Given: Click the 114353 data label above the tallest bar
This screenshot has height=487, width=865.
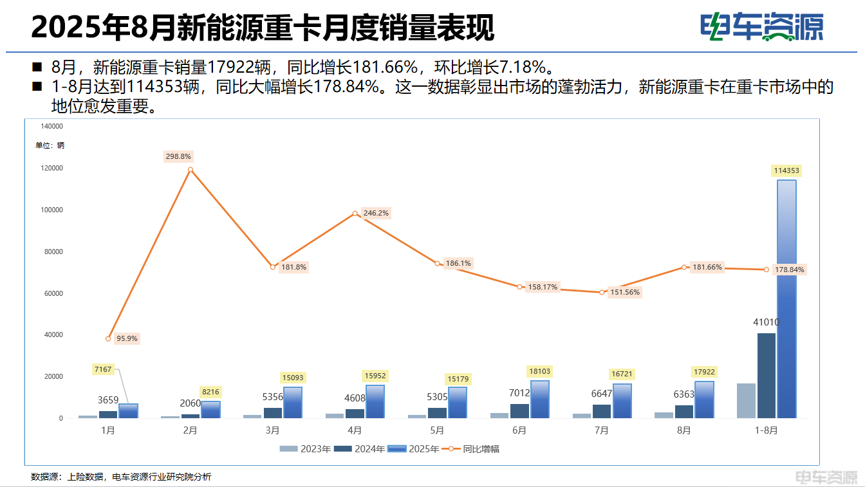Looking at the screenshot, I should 786,170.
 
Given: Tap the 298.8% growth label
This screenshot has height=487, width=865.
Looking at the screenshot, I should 178,156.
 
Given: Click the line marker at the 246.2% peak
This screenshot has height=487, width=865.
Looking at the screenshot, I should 355,214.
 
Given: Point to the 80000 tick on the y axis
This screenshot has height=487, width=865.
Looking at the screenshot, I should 52,252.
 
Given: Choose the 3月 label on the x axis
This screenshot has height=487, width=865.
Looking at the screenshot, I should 272,430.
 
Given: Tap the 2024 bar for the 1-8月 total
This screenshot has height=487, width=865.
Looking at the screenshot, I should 767,376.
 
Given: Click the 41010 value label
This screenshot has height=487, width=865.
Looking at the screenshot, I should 767,322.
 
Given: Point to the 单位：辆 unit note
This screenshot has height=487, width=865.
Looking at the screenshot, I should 50,145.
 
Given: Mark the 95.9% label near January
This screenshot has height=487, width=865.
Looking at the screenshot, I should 127,338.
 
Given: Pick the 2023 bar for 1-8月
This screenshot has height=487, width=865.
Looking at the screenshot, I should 746,401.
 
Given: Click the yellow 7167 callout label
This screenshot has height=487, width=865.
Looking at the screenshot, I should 103,369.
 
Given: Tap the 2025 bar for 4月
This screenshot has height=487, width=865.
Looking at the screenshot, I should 375,402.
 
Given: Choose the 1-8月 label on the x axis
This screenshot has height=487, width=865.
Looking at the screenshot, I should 766,430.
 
